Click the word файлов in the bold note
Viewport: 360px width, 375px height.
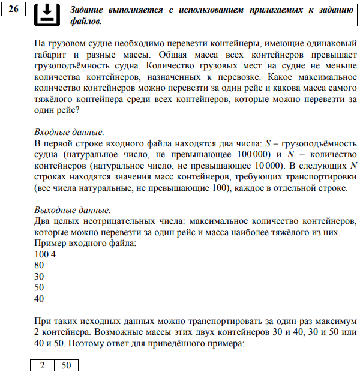pos(86,21)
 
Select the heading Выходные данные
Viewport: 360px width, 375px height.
pos(72,210)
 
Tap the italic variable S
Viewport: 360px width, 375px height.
pos(266,144)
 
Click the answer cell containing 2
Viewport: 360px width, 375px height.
pos(43,365)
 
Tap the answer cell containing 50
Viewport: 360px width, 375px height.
pos(66,365)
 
